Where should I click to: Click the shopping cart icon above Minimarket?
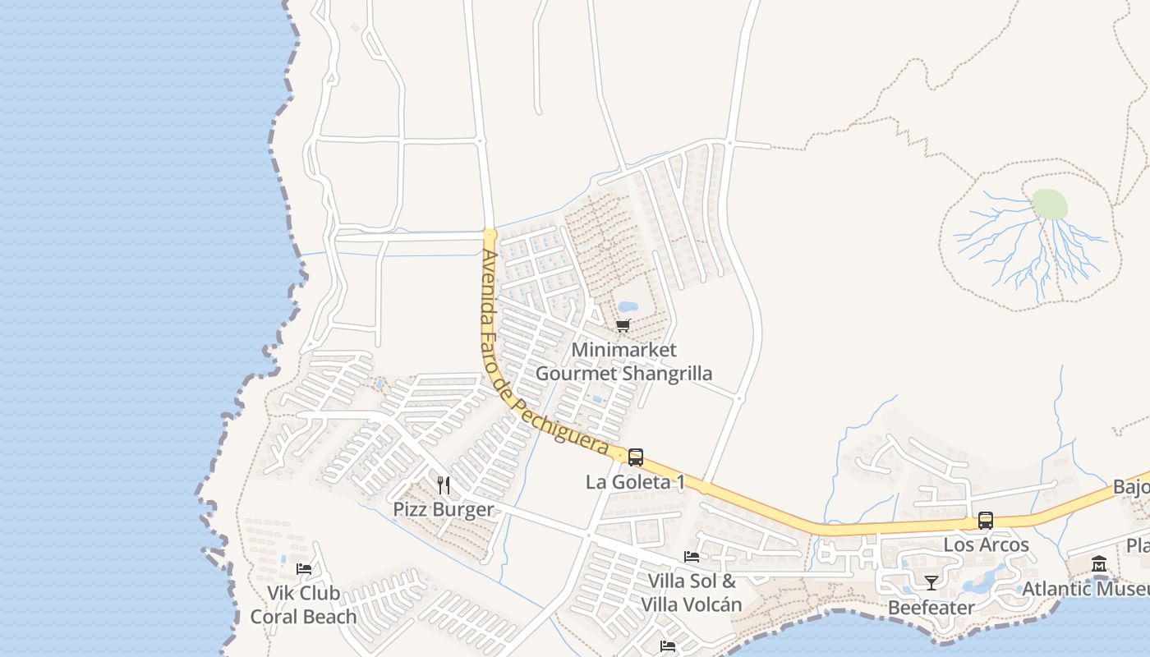point(623,326)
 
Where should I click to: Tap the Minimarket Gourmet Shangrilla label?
point(623,361)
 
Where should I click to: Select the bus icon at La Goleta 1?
point(636,457)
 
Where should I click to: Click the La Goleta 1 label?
point(635,482)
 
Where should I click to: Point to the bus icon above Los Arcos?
point(986,520)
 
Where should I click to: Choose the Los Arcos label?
point(986,544)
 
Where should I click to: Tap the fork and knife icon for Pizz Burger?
point(444,485)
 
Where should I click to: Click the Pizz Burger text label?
point(444,509)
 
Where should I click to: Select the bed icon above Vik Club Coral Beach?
point(304,568)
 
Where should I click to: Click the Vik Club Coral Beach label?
point(304,604)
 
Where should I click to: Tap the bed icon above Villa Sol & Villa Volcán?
point(692,557)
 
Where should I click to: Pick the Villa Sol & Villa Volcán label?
point(692,593)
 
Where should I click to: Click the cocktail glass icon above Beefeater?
point(931,583)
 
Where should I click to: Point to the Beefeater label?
point(931,608)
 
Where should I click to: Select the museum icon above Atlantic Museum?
point(1099,564)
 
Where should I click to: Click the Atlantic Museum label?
point(1084,589)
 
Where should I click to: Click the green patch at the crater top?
point(1050,204)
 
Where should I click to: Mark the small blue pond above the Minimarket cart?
point(628,307)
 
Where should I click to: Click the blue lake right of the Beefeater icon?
point(981,581)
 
